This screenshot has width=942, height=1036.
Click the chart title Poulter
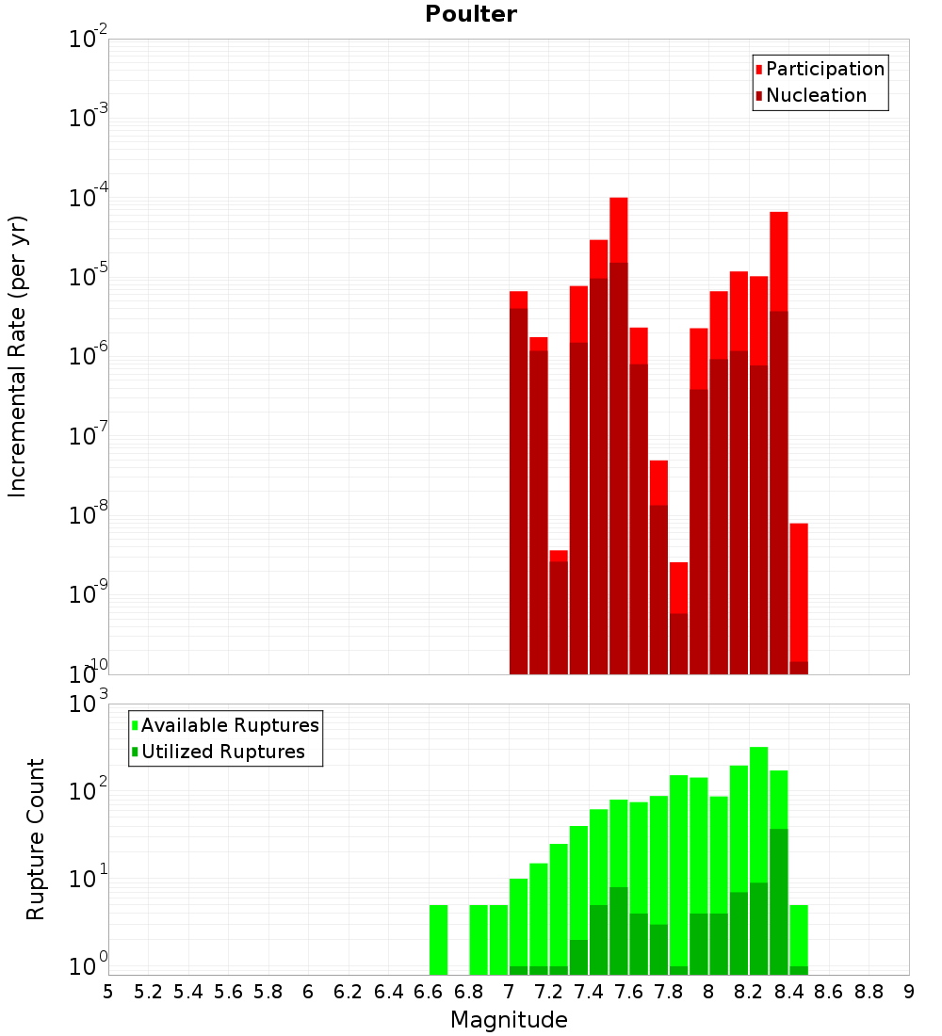[470, 14]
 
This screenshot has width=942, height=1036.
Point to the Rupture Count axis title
[36, 839]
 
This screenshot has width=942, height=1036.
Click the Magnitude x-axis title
[509, 1020]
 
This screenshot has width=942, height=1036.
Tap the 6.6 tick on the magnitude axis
[429, 992]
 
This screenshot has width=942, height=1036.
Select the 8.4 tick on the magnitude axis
[789, 992]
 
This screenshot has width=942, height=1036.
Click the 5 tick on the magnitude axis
[108, 992]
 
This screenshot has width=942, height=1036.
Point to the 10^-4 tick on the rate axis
[89, 198]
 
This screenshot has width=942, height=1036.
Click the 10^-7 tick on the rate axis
[89, 436]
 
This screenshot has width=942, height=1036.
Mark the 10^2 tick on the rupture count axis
[89, 791]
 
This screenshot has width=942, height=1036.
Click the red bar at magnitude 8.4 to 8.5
[799, 593]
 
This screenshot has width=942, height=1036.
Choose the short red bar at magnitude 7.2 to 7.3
[559, 612]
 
